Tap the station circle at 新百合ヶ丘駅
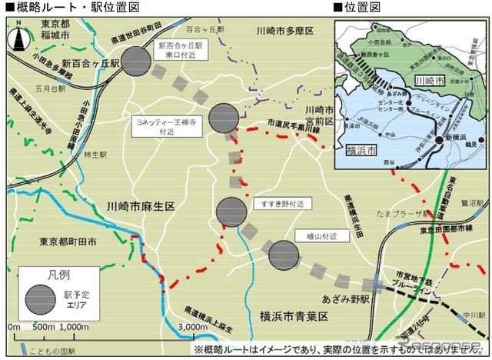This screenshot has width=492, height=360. pos(136,60)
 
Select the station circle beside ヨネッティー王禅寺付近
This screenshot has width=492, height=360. pos(224,117)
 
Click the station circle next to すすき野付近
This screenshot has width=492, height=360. pos(231,212)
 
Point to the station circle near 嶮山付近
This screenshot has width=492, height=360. pos(284,255)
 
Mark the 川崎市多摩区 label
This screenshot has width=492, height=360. pos(289,32)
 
